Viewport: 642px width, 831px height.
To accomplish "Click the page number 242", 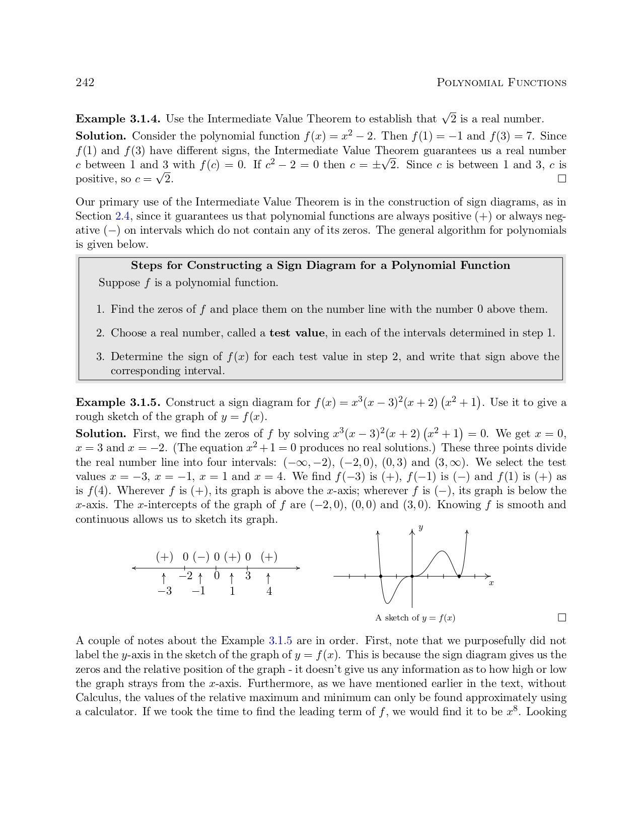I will click(85, 83).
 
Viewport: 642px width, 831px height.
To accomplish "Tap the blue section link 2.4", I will click(123, 217).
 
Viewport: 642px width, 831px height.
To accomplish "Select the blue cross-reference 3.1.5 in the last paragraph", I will click(280, 641).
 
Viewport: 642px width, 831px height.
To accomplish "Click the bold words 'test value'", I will click(297, 333).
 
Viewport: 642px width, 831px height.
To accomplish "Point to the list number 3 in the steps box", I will click(100, 357).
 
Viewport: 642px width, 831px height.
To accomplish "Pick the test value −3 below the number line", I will click(164, 591).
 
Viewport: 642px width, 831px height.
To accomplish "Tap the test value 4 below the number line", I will click(269, 591).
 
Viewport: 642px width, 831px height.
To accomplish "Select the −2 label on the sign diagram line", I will click(185, 576).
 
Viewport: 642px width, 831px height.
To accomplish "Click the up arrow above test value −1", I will click(200, 577).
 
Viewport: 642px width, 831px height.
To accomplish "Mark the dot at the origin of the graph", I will click(412, 576).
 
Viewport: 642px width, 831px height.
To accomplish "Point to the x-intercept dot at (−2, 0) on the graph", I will click(381, 576).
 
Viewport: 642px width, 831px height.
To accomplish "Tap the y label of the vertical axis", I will click(420, 528).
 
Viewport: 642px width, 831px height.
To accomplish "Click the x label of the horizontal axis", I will click(491, 583).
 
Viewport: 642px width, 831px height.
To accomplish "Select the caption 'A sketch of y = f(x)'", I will click(415, 618).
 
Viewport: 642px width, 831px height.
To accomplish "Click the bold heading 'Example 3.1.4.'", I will click(118, 119).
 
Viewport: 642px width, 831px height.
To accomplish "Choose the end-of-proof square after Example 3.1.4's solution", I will click(562, 179).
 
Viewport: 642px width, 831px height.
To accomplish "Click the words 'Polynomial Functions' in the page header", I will click(501, 83).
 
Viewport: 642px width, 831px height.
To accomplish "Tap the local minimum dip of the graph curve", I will click(387, 602).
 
